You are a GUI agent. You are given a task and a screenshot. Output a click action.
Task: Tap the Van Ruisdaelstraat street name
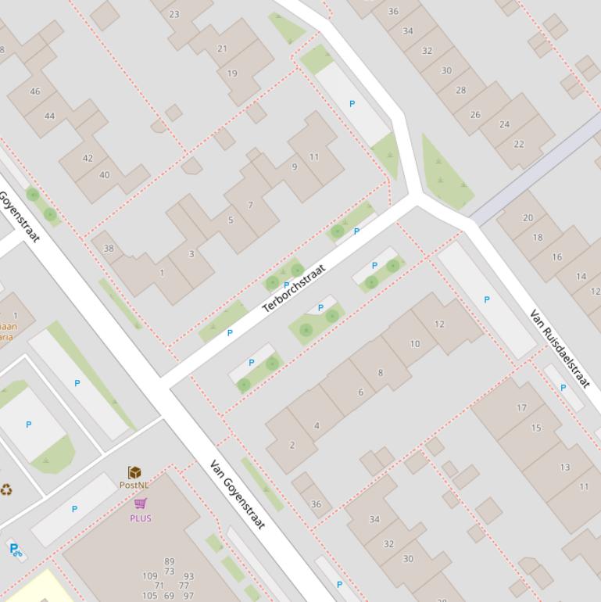pyautogui.click(x=560, y=349)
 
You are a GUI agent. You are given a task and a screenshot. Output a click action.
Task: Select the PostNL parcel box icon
pyautogui.click(x=134, y=472)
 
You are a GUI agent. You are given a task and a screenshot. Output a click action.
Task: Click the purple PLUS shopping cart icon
pyautogui.click(x=141, y=503)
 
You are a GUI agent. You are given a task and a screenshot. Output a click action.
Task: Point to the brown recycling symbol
pyautogui.click(x=6, y=490)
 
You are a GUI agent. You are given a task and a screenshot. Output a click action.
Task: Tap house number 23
pyautogui.click(x=174, y=14)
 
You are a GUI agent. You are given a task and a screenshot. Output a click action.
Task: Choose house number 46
pyautogui.click(x=34, y=91)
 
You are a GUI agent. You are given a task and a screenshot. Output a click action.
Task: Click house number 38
pyautogui.click(x=109, y=249)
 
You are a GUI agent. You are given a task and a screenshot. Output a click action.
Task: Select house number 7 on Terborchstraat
pyautogui.click(x=250, y=206)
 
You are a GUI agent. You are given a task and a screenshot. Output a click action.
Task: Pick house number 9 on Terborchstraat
pyautogui.click(x=295, y=167)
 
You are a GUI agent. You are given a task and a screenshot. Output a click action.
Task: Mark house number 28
pyautogui.click(x=460, y=90)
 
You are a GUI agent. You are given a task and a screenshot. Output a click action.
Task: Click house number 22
pyautogui.click(x=519, y=144)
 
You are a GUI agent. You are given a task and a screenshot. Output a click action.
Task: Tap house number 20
pyautogui.click(x=528, y=218)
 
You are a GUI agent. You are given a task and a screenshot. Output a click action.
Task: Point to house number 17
pyautogui.click(x=521, y=407)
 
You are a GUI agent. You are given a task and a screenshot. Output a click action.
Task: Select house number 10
pyautogui.click(x=414, y=343)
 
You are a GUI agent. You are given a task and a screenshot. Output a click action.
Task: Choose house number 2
pyautogui.click(x=292, y=445)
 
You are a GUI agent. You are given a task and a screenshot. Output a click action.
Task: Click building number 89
pyautogui.click(x=169, y=561)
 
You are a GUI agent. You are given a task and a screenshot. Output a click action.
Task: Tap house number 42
pyautogui.click(x=88, y=158)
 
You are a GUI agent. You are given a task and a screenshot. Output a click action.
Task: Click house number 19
pyautogui.click(x=232, y=73)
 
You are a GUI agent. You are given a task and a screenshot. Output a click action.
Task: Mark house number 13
pyautogui.click(x=564, y=468)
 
